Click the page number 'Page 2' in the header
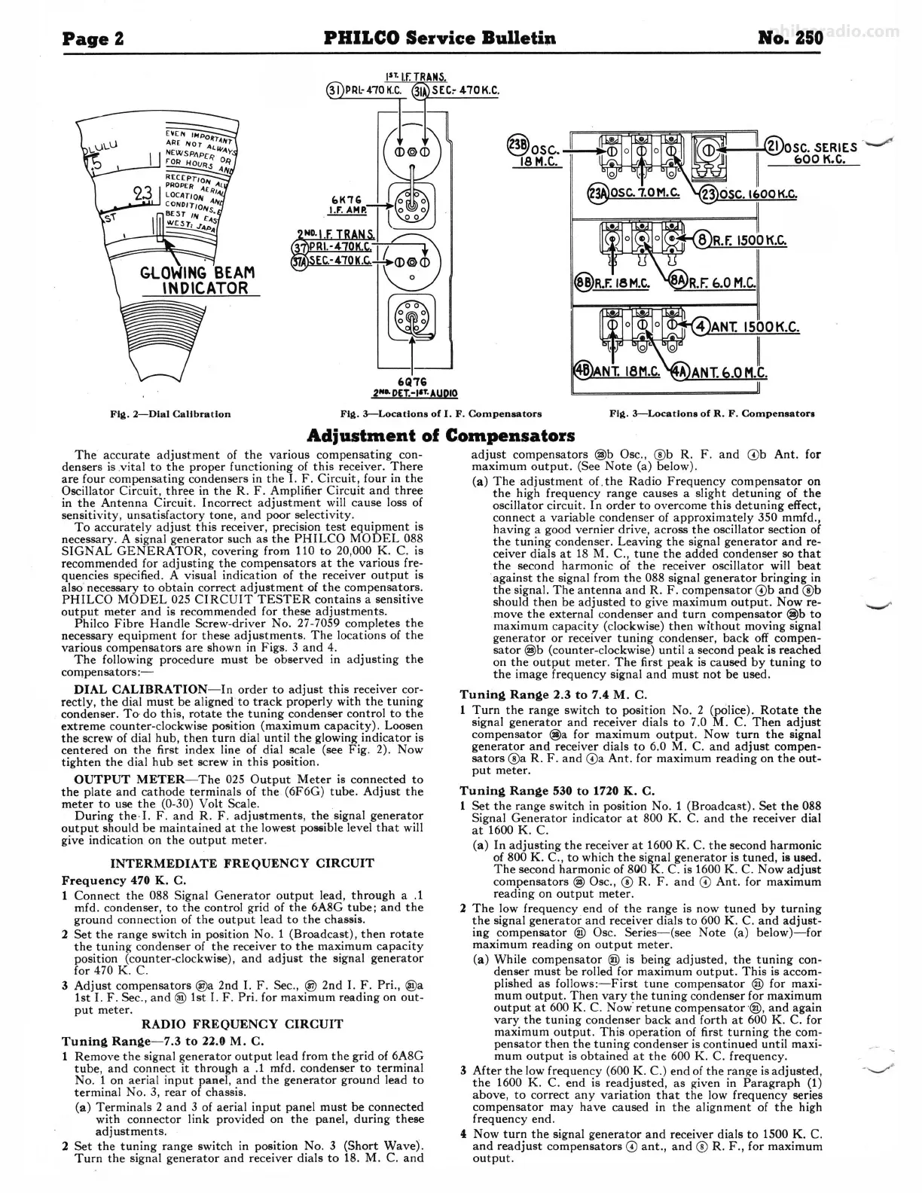tap(93, 37)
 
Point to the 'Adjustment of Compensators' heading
tap(442, 436)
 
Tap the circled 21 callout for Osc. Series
tap(773, 148)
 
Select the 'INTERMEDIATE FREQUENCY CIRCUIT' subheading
tap(243, 863)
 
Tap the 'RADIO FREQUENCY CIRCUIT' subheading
tap(243, 1024)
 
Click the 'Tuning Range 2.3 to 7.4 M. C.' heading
tap(554, 694)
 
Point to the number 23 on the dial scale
tap(142, 194)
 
